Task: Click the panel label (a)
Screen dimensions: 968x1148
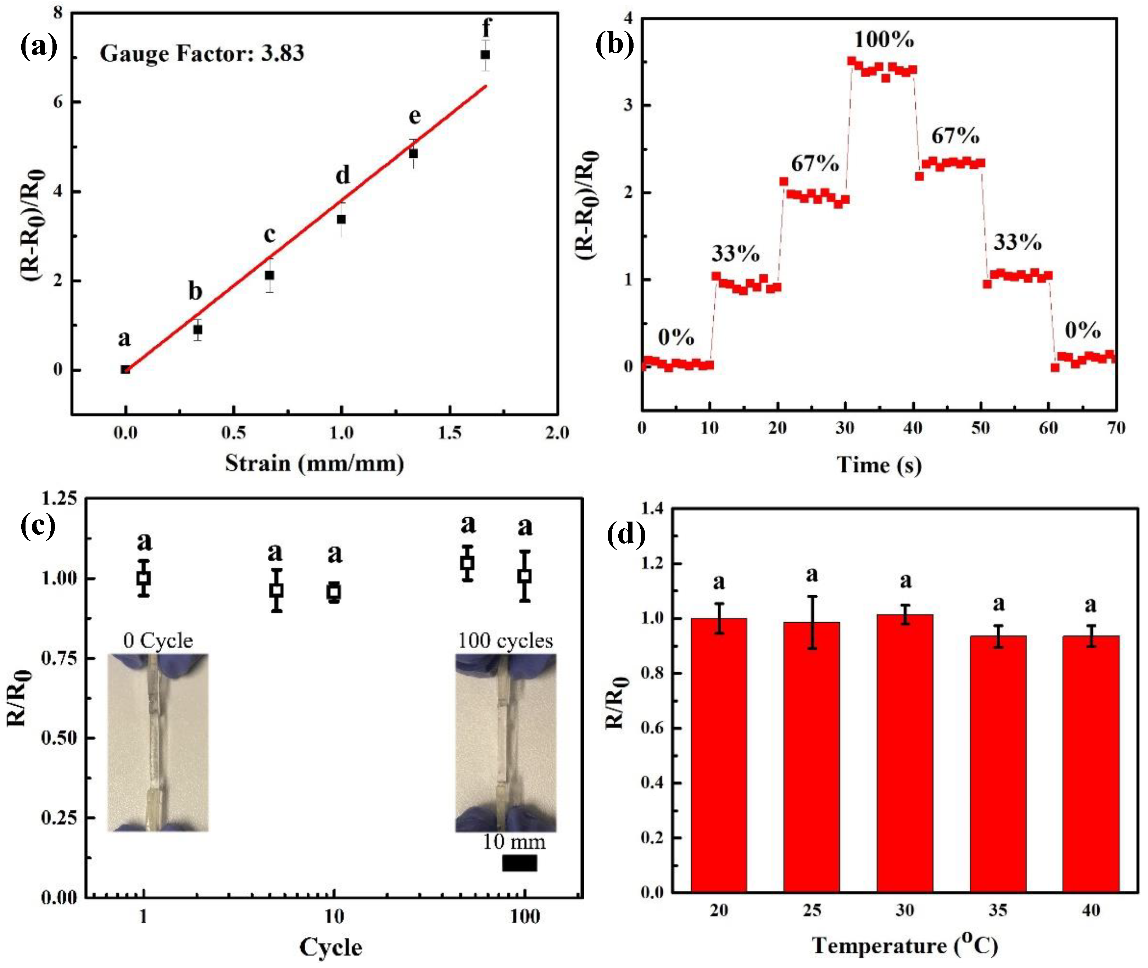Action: click(38, 47)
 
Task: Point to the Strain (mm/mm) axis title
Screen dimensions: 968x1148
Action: click(314, 464)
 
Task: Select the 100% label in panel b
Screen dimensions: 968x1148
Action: click(884, 40)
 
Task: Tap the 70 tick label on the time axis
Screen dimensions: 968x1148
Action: click(1116, 428)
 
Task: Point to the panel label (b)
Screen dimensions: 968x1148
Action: click(615, 44)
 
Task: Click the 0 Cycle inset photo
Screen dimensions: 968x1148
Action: click(158, 742)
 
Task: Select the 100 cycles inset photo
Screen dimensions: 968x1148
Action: click(506, 742)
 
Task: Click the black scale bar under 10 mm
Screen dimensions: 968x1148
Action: click(519, 863)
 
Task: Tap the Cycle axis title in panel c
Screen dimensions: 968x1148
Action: click(330, 947)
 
